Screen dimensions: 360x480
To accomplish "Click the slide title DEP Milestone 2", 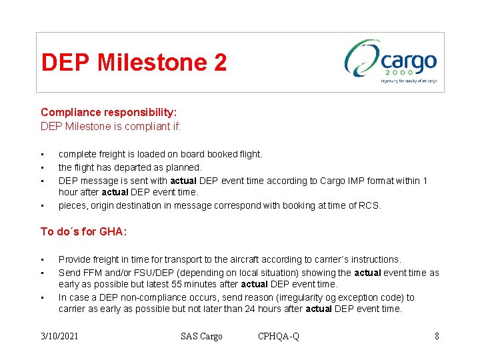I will coord(134,63).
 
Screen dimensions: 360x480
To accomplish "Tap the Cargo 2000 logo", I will coord(391,61).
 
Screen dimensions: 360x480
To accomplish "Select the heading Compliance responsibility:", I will coord(109,113).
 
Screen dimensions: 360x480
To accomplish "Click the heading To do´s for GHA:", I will coord(83,231).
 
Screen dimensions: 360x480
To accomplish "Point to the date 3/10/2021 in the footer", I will coord(59,336).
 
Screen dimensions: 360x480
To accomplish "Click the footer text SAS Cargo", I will coord(201,336).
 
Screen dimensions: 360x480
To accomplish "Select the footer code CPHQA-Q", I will coord(279,336).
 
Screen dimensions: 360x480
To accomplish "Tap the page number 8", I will coord(437,336).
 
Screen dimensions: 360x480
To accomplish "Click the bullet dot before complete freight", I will coord(43,155).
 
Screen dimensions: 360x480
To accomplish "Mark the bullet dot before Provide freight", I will coord(43,260).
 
